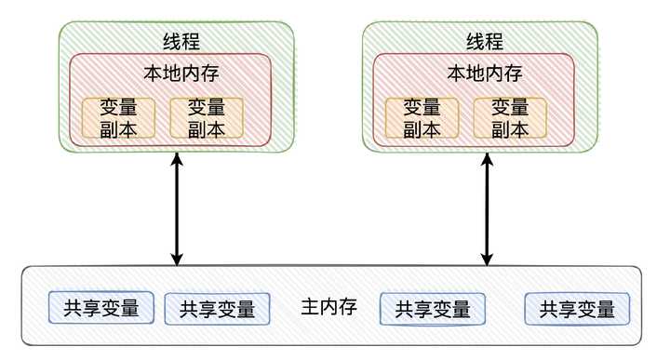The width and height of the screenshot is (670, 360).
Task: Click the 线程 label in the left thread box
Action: (x=180, y=42)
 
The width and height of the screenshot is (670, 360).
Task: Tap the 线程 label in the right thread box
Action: (x=484, y=42)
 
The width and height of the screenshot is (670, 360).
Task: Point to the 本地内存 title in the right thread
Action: (x=484, y=73)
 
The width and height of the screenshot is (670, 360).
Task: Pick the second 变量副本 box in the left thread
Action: (x=207, y=118)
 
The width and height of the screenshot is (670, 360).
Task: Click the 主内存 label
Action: (x=329, y=306)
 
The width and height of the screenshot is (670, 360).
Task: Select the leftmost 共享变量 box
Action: (x=101, y=307)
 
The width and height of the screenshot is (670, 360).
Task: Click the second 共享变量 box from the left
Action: (x=217, y=309)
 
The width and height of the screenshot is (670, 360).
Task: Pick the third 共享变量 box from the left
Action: (x=433, y=308)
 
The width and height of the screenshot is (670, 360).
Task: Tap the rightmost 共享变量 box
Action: (x=577, y=308)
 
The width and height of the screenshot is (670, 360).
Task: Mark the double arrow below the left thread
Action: (x=177, y=210)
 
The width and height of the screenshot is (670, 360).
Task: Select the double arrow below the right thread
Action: (x=486, y=210)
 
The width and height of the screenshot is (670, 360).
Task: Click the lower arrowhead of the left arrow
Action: (x=177, y=260)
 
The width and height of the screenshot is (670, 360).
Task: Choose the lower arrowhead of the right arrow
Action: (x=486, y=260)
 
